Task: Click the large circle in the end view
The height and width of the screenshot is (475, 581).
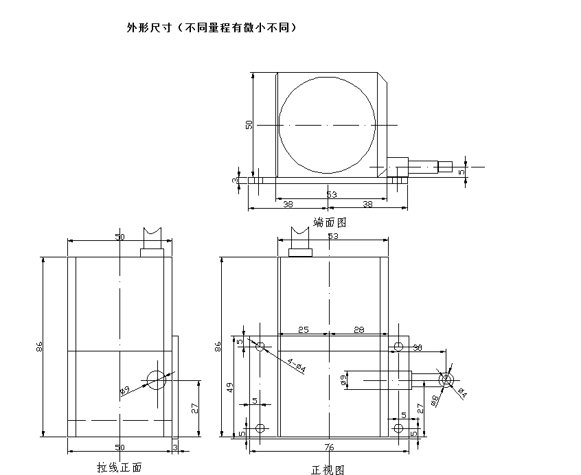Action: pos(328,125)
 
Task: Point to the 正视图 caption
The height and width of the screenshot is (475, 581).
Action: pos(328,470)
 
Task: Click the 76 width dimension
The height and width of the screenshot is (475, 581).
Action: pos(330,447)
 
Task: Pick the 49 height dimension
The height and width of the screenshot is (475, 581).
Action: pos(231,389)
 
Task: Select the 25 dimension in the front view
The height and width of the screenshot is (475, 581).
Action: pos(303,330)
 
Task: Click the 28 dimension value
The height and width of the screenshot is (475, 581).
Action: pos(358,330)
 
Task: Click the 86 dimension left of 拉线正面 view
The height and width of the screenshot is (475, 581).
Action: pos(39,347)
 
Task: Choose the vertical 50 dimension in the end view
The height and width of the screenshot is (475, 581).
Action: pos(249,124)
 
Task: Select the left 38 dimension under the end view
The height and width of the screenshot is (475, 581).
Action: pos(287,204)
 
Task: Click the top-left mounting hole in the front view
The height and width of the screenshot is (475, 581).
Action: pos(260,346)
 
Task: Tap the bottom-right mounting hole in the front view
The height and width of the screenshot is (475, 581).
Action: pos(398,428)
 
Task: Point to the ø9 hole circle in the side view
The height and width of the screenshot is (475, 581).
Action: pos(157,378)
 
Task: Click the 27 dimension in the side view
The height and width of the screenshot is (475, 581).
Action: pos(194,408)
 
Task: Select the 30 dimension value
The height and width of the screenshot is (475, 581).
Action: pos(418,347)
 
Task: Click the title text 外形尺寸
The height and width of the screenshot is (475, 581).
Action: pos(146,28)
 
